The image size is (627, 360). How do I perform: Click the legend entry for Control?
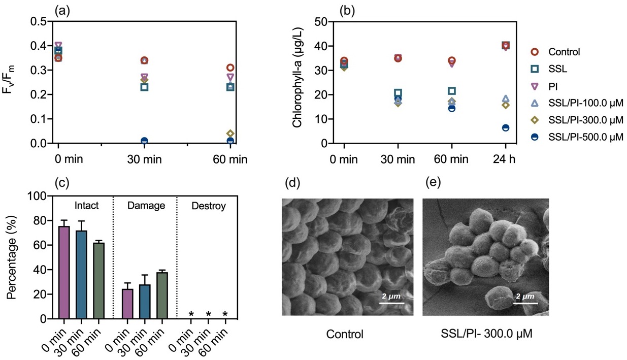point(564,51)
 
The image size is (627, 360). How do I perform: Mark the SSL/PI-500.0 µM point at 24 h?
point(506,127)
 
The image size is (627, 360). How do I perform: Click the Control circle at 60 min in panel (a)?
point(230,68)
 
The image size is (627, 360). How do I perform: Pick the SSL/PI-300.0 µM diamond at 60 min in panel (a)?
point(230,134)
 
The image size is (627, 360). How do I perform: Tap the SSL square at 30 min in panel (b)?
point(398,93)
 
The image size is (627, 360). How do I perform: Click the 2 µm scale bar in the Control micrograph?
point(391,303)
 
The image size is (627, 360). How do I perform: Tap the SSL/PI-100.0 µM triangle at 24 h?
point(506,99)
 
